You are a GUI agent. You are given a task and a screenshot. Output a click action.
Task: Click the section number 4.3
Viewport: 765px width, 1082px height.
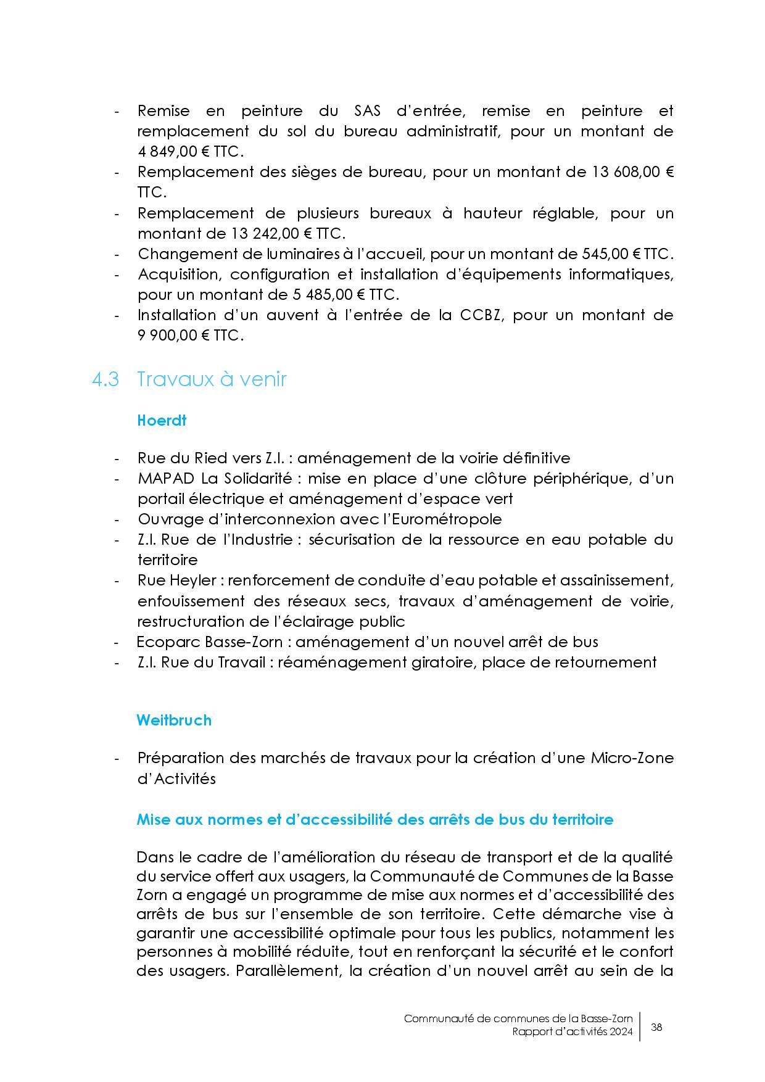click(x=105, y=379)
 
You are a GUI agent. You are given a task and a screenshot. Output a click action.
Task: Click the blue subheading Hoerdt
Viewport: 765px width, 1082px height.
click(x=162, y=421)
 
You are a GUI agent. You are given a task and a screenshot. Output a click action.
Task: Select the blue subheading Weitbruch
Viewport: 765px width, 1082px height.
click(x=174, y=720)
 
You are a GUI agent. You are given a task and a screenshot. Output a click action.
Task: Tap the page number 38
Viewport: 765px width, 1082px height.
click(x=656, y=1027)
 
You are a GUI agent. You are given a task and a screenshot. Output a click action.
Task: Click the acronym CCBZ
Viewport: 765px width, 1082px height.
click(x=482, y=315)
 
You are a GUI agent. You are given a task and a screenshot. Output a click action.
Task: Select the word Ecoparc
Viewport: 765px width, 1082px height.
click(x=163, y=642)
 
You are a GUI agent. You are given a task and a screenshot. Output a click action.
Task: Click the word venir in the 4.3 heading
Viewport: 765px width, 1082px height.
click(x=263, y=379)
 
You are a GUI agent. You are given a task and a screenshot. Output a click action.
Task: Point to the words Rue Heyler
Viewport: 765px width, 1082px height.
click(x=177, y=580)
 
